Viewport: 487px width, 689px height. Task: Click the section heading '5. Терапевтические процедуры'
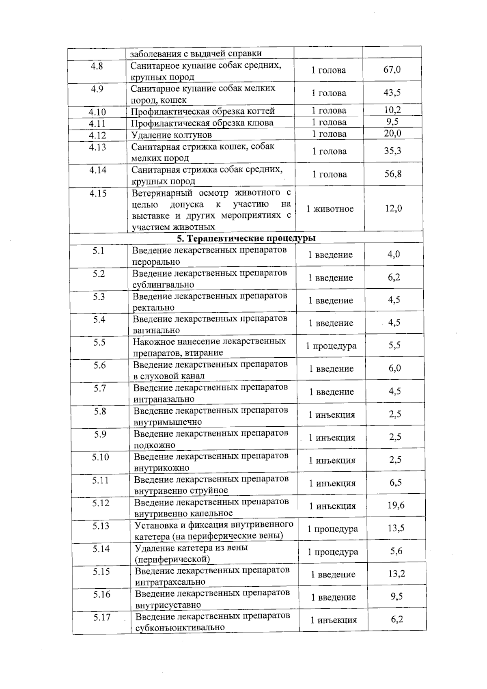point(246,238)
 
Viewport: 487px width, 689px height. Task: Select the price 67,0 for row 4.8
point(392,70)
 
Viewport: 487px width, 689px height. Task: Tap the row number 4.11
point(97,123)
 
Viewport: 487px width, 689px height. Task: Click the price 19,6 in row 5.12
point(396,505)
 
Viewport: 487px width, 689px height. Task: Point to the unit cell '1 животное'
point(330,209)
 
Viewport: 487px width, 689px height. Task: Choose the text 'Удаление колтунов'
point(171,135)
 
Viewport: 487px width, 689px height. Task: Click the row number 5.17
point(102,618)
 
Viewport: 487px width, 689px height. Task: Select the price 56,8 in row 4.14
point(393,174)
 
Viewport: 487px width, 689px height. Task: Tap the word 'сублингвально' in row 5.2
point(163,285)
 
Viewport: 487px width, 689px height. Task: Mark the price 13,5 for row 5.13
point(396,528)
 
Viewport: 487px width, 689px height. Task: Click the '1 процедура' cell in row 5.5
point(331,346)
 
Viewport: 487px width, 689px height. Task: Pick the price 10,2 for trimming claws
point(392,110)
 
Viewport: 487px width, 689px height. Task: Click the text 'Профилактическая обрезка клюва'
point(202,123)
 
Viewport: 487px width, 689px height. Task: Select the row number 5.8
point(100,411)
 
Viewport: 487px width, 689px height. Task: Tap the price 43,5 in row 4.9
point(392,93)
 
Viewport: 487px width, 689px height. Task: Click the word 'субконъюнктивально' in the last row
point(180,627)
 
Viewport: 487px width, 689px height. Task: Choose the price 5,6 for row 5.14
point(396,551)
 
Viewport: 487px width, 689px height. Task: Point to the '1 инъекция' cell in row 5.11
point(332,483)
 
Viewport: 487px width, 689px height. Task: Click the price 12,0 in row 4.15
point(393,209)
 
